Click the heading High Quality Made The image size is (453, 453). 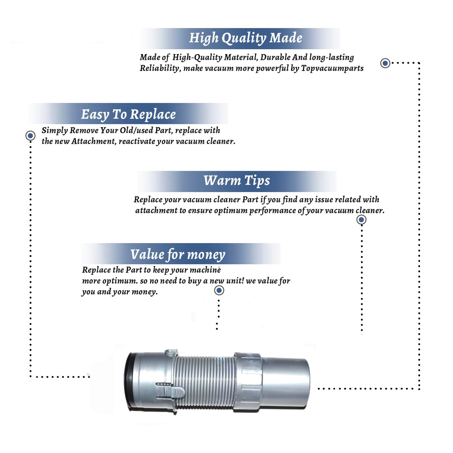pyautogui.click(x=246, y=38)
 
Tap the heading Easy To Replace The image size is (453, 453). pyautogui.click(x=128, y=114)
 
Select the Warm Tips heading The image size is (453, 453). pyautogui.click(x=236, y=181)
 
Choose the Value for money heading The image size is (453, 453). pyautogui.click(x=178, y=254)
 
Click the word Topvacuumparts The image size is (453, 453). pyautogui.click(x=332, y=68)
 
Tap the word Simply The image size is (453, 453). pyautogui.click(x=55, y=130)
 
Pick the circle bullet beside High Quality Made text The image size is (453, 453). pyautogui.click(x=385, y=63)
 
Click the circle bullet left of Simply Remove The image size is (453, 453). pyautogui.click(x=30, y=136)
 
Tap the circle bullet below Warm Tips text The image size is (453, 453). pyautogui.click(x=361, y=220)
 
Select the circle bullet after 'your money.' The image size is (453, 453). pyautogui.click(x=219, y=291)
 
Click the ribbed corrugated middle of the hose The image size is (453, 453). pyautogui.click(x=205, y=382)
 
